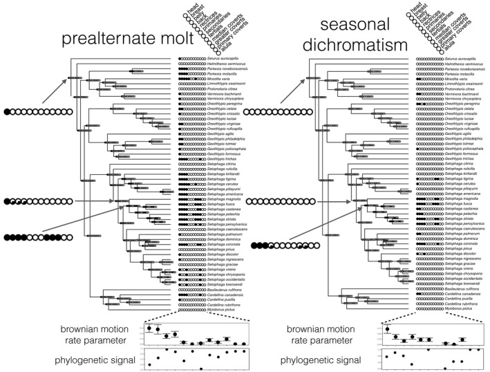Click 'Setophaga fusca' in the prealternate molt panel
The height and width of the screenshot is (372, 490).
click(220, 203)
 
